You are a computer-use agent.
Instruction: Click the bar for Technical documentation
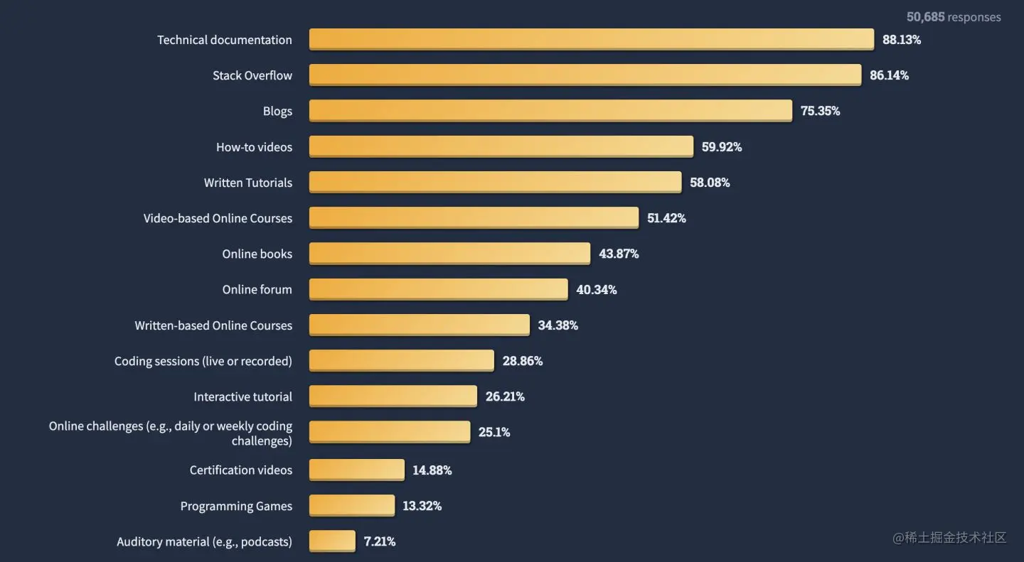[x=591, y=39]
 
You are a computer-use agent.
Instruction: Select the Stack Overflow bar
[x=585, y=75]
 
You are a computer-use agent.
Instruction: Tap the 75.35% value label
[x=820, y=111]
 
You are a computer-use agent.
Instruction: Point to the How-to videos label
[x=254, y=147]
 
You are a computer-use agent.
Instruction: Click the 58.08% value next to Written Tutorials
[x=710, y=183]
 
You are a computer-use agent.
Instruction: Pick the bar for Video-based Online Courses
[x=474, y=217]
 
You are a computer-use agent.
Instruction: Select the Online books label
[x=257, y=254]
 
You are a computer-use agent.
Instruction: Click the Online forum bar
[x=438, y=289]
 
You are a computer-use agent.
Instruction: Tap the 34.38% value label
[x=558, y=325]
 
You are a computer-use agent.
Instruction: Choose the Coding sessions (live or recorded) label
[x=203, y=361]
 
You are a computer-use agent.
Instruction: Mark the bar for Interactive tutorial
[x=393, y=396]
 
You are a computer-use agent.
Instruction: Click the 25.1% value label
[x=494, y=432]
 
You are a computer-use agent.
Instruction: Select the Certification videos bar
[x=356, y=470]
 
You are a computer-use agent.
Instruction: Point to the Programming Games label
[x=236, y=506]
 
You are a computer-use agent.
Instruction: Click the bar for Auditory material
[x=331, y=541]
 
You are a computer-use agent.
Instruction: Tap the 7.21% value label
[x=379, y=541]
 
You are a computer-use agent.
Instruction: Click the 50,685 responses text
[x=953, y=17]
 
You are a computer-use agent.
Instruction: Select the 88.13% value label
[x=901, y=40]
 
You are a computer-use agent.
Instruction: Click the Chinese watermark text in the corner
[x=949, y=538]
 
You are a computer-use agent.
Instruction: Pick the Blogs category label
[x=277, y=112]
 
